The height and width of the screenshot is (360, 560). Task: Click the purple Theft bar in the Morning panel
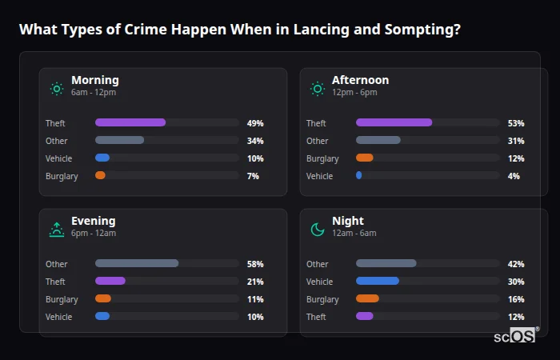pos(130,123)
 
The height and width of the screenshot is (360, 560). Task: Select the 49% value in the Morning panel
pos(255,123)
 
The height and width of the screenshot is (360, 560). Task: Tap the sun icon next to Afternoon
pos(318,88)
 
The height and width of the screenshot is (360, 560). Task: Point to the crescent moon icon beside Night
pos(318,229)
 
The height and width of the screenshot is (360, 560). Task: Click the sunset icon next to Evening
pos(57,229)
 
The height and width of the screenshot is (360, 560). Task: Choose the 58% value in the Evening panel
pos(255,264)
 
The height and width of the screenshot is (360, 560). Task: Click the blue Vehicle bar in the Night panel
pos(377,282)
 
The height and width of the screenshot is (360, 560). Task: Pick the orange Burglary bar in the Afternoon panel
pos(364,158)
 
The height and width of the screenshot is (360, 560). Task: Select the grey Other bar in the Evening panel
pos(137,264)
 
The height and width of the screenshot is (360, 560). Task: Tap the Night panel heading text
pos(347,221)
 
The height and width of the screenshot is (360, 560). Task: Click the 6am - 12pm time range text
pos(94,93)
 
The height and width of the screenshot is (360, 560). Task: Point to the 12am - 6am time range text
pos(354,234)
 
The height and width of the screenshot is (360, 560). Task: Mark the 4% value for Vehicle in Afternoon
pos(514,176)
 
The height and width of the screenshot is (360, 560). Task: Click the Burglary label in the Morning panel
pos(62,176)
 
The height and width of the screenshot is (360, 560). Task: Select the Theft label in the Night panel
pos(317,317)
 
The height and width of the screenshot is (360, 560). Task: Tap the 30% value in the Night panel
pos(516,282)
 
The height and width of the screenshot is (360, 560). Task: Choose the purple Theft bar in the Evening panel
pos(110,282)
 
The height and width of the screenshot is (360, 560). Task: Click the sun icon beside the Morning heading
pos(57,88)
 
